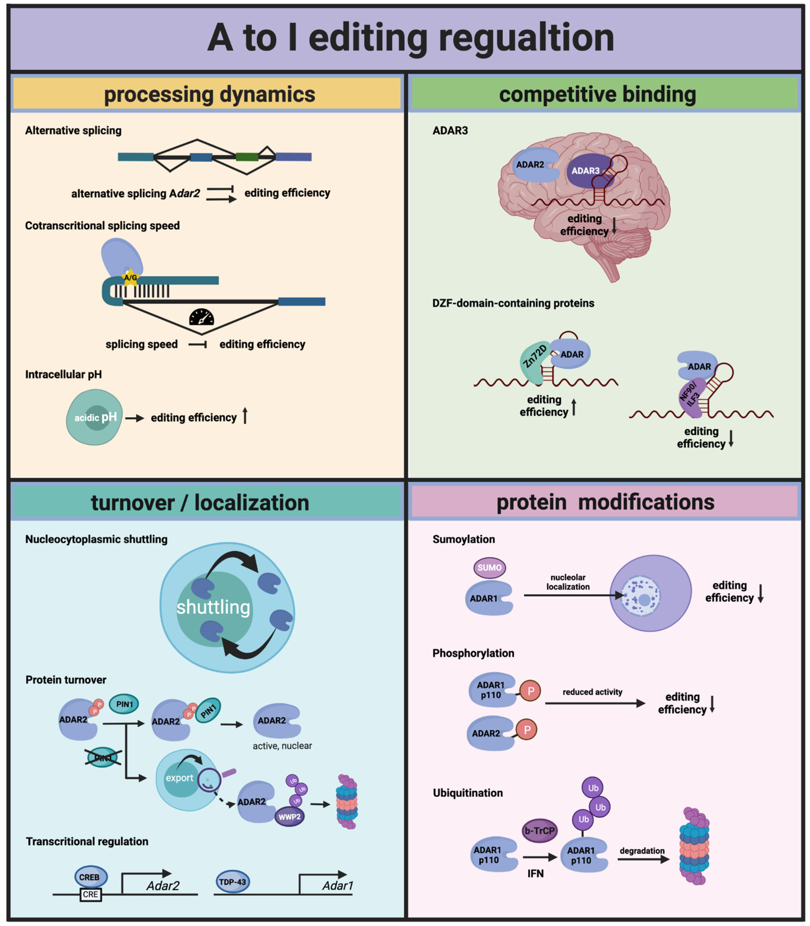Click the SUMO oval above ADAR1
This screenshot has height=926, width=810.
(489, 567)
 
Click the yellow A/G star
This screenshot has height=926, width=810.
(131, 277)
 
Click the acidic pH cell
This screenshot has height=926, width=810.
(95, 417)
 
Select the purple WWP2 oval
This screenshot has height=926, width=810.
(289, 817)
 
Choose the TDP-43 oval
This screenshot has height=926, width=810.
(232, 881)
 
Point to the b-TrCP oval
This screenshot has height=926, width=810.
(539, 831)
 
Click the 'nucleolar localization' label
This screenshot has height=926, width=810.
(568, 582)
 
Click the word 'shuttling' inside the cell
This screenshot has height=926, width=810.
(213, 607)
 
